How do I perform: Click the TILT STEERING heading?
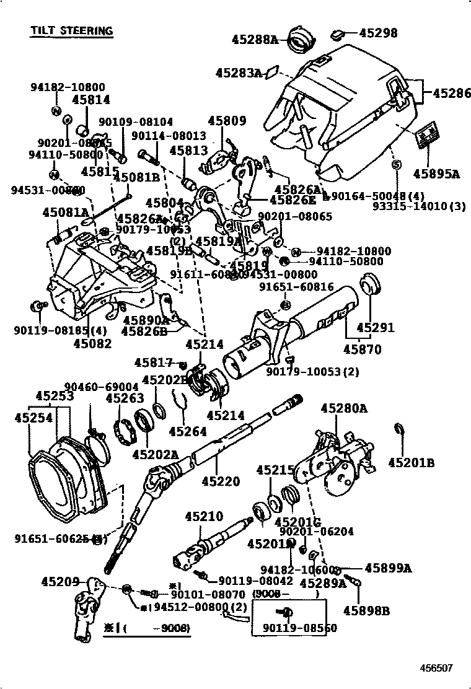[x=72, y=30]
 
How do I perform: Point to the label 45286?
[x=451, y=94]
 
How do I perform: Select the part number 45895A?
[x=436, y=174]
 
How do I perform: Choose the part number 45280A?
[x=344, y=408]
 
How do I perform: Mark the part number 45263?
[x=125, y=398]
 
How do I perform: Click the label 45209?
[x=60, y=582]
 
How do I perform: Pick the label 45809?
[x=227, y=121]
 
